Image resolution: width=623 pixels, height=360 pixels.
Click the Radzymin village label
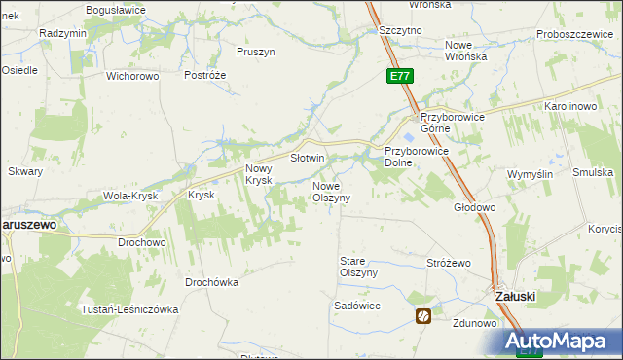click(x=63, y=32)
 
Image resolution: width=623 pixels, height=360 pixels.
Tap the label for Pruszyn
click(x=256, y=52)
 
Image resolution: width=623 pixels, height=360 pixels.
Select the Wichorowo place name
click(x=131, y=75)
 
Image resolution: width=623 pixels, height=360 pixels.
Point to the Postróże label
click(x=205, y=75)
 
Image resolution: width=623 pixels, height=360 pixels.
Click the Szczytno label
click(x=400, y=30)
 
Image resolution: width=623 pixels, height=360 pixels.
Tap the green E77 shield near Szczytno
click(x=399, y=75)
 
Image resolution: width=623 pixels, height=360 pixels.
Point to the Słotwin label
click(x=308, y=157)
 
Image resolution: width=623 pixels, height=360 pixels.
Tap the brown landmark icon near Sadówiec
click(x=423, y=315)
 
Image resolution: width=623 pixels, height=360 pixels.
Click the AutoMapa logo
click(x=563, y=341)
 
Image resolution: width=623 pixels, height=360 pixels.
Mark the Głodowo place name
click(x=475, y=207)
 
